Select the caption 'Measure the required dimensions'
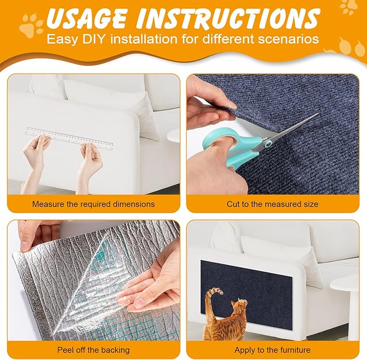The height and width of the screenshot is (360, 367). (94, 204)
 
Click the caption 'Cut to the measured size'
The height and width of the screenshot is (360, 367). (272, 204)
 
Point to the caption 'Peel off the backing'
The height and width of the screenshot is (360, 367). (94, 350)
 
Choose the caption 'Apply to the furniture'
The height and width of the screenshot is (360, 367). (272, 350)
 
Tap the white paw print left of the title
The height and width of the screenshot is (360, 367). (31, 25)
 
